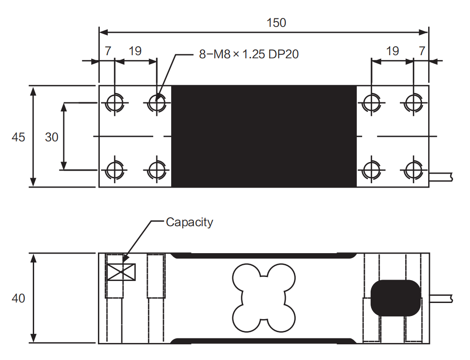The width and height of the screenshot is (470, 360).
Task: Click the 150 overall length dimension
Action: [x=276, y=22]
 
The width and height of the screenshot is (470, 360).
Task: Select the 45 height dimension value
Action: [x=18, y=137]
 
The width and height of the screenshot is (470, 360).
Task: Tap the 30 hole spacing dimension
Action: [x=52, y=137]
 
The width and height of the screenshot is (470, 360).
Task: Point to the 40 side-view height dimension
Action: [x=18, y=298]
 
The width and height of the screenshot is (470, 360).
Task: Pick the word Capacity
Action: [x=189, y=222]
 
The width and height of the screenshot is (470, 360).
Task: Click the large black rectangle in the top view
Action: [x=264, y=136]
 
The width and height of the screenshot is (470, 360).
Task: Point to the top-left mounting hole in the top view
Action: [x=115, y=103]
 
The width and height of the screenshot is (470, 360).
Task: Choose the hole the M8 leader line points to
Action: [x=156, y=103]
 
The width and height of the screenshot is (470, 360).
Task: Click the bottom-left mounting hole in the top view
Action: [x=115, y=170]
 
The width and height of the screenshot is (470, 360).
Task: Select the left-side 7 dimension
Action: [x=108, y=51]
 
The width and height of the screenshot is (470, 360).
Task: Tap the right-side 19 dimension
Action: [x=392, y=51]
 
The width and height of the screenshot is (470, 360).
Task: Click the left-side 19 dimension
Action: [x=135, y=51]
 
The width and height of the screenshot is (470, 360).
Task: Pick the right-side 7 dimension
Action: [x=421, y=51]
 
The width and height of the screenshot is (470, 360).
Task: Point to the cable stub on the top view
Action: [x=441, y=176]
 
